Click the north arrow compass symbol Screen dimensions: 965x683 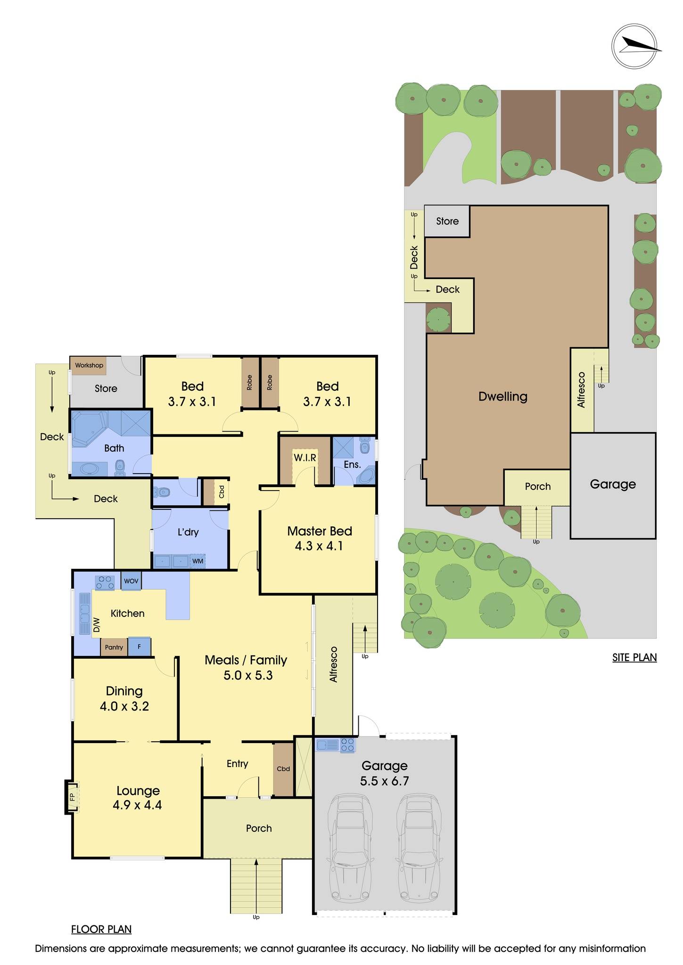pyautogui.click(x=635, y=46)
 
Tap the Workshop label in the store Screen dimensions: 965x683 pyautogui.click(x=89, y=366)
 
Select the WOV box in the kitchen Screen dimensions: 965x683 pyautogui.click(x=131, y=581)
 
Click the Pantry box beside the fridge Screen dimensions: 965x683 pyautogui.click(x=114, y=647)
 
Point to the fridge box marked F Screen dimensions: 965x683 pyautogui.click(x=140, y=647)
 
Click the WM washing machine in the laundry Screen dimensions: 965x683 pyautogui.click(x=198, y=561)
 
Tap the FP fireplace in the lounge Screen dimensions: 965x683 pyautogui.click(x=72, y=797)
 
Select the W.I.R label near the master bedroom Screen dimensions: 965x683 pyautogui.click(x=304, y=458)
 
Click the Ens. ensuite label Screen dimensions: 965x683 pyautogui.click(x=352, y=465)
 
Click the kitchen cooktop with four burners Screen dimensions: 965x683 pyautogui.click(x=105, y=583)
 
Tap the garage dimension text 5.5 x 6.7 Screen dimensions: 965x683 pyautogui.click(x=384, y=781)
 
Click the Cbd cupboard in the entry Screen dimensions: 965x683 pyautogui.click(x=283, y=769)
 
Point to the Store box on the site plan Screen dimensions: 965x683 pyautogui.click(x=447, y=221)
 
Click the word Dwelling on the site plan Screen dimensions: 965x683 pyautogui.click(x=502, y=396)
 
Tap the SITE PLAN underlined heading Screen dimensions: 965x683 pyautogui.click(x=634, y=657)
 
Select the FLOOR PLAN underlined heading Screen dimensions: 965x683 pyautogui.click(x=101, y=929)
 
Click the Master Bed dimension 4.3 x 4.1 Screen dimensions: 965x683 pyautogui.click(x=319, y=546)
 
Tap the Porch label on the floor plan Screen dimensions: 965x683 pyautogui.click(x=259, y=828)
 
